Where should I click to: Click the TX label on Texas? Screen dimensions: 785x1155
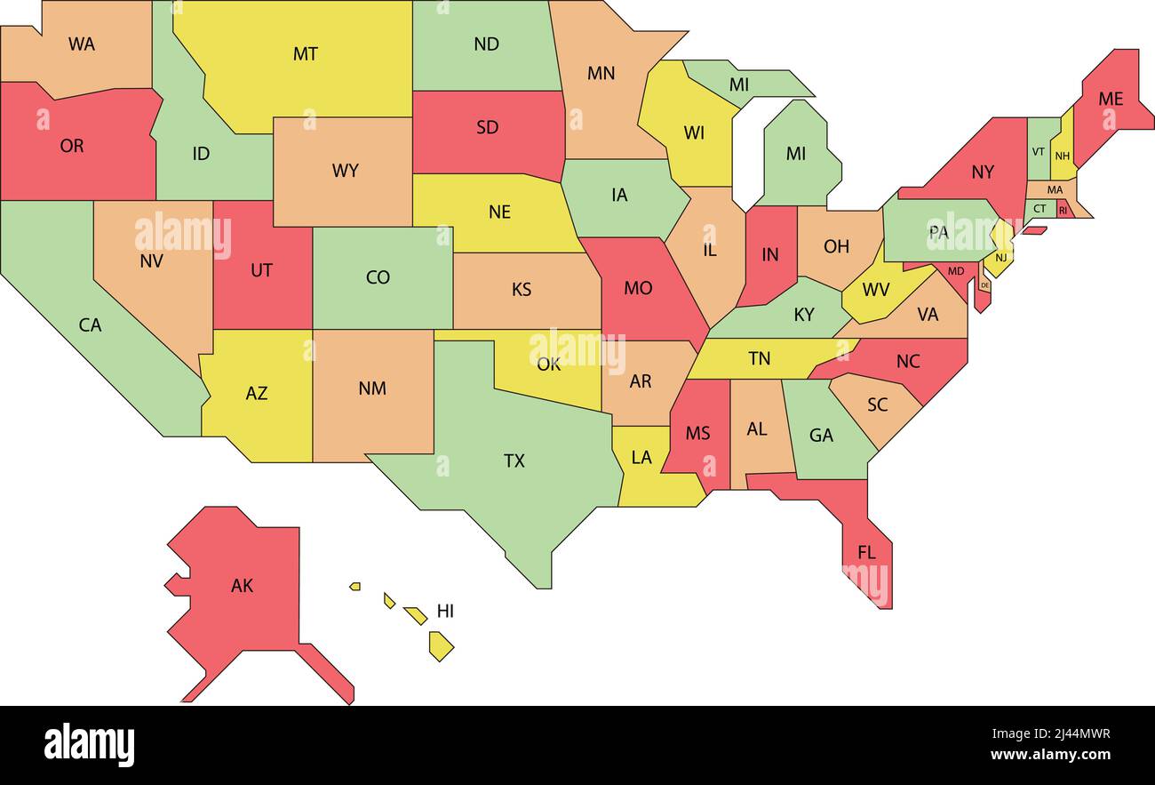pos(514,461)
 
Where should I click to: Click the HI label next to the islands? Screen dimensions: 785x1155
pos(445,612)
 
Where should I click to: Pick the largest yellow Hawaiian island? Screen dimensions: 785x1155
pos(441,645)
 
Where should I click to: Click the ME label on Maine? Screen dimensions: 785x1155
pos(1111,99)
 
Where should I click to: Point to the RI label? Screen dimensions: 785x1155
pos(1063,211)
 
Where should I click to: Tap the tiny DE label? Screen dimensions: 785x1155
pos(984,285)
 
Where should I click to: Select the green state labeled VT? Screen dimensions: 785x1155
pos(1038,151)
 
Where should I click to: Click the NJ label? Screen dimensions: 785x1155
pos(1000,258)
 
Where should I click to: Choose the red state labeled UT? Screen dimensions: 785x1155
pos(261,270)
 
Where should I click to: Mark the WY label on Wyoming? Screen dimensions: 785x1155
pos(345,171)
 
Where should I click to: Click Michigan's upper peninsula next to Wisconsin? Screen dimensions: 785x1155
pos(739,84)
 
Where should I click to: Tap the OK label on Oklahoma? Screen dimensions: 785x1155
pos(549,364)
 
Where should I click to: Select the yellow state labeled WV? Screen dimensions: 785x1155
pos(875,290)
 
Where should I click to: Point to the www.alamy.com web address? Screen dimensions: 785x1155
pos(1050,756)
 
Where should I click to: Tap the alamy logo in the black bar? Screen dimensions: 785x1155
pos(90,745)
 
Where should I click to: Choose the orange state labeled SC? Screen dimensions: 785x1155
pos(877,405)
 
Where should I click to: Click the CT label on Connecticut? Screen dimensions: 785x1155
pos(1039,209)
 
